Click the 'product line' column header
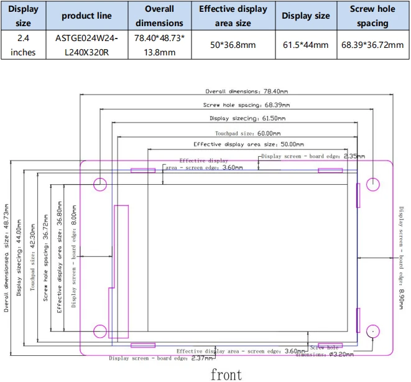pyautogui.click(x=87, y=16)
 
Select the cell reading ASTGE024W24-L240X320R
pyautogui.click(x=87, y=45)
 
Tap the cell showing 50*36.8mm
pyautogui.click(x=233, y=45)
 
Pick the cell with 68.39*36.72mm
pyautogui.click(x=372, y=45)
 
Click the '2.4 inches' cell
pyautogui.click(x=24, y=45)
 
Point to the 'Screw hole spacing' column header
pyautogui.click(x=372, y=16)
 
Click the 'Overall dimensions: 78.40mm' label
pyautogui.click(x=247, y=91)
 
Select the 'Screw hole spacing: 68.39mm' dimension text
pyautogui.click(x=247, y=105)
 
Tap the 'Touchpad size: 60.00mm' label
pyautogui.click(x=248, y=133)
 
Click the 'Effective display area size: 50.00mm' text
pyautogui.click(x=249, y=144)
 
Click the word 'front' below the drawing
pyautogui.click(x=226, y=375)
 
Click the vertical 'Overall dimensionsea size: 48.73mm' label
pyautogui.click(x=6, y=258)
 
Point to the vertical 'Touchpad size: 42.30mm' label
pyautogui.click(x=32, y=257)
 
